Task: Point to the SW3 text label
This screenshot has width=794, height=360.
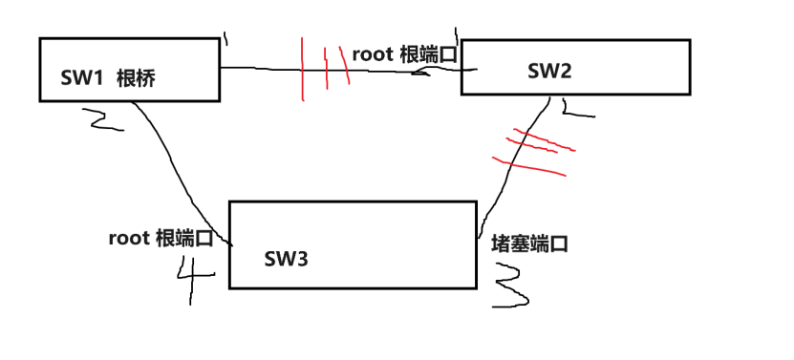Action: click(287, 257)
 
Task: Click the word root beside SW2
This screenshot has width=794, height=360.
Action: click(373, 53)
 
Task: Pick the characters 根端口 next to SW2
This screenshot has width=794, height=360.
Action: click(428, 53)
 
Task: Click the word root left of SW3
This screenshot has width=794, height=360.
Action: click(128, 238)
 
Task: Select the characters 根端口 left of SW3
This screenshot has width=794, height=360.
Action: click(185, 238)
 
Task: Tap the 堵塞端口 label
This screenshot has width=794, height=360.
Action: click(529, 244)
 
